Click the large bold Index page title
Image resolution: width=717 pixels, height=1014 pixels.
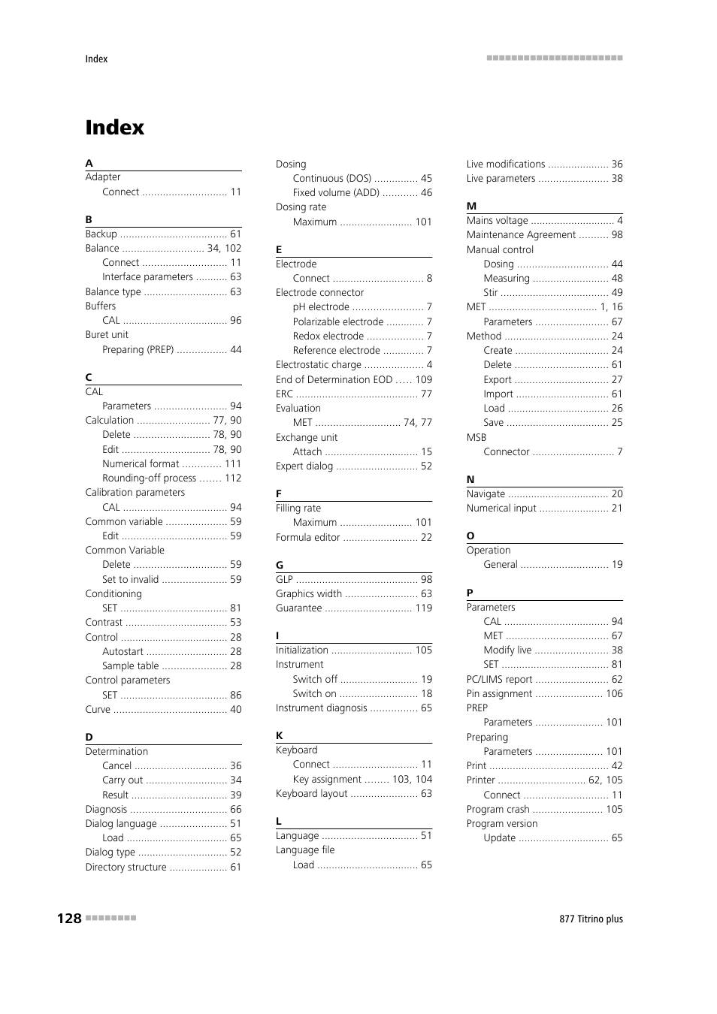(x=114, y=128)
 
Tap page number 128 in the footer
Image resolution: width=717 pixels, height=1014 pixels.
(x=69, y=918)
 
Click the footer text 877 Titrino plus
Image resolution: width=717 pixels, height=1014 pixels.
(x=591, y=919)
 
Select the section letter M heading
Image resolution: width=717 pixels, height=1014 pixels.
(x=471, y=206)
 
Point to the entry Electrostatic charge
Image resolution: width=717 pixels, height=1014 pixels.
(x=319, y=365)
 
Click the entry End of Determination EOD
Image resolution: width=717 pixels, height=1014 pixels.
(x=334, y=379)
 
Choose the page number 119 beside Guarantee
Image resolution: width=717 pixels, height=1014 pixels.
(x=424, y=608)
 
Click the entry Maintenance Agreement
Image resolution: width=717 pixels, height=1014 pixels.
(x=521, y=235)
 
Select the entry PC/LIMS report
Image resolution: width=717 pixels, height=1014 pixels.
(x=499, y=679)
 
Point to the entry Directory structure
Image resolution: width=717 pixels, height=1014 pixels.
(x=126, y=867)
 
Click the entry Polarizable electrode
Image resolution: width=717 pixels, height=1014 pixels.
(x=338, y=321)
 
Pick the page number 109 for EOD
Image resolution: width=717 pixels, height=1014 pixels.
(x=424, y=379)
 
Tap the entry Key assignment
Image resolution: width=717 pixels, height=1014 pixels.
(x=327, y=779)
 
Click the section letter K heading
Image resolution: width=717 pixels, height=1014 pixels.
(x=280, y=735)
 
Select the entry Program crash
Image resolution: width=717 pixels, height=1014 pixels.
(x=498, y=809)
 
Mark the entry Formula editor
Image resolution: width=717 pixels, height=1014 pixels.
(x=307, y=537)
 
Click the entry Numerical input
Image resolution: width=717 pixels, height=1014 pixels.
(x=501, y=509)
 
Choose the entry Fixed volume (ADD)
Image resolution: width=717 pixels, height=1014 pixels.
(x=336, y=193)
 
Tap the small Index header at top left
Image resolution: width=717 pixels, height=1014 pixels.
(x=96, y=59)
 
